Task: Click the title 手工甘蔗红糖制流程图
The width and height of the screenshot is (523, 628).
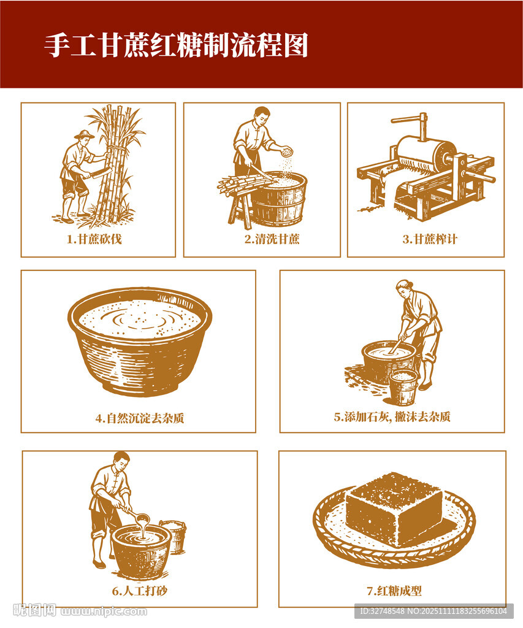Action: [x=176, y=45]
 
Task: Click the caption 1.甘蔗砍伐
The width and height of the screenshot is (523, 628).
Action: [x=94, y=239]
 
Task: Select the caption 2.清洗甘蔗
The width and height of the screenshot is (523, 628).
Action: [x=272, y=239]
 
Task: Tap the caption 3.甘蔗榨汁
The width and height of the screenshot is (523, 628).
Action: [x=430, y=239]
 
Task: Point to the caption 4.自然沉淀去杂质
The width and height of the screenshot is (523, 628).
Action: [x=140, y=418]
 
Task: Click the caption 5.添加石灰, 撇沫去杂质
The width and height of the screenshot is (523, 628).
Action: [x=392, y=417]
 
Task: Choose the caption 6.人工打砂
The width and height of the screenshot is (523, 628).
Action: [x=139, y=591]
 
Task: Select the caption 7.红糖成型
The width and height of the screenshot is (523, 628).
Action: [x=394, y=591]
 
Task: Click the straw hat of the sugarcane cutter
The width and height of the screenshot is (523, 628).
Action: [x=85, y=134]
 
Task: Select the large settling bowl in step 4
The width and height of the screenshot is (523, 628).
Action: [x=140, y=341]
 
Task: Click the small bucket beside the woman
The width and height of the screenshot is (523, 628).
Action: [x=403, y=388]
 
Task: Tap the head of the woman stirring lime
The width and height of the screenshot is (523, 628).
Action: [x=405, y=288]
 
